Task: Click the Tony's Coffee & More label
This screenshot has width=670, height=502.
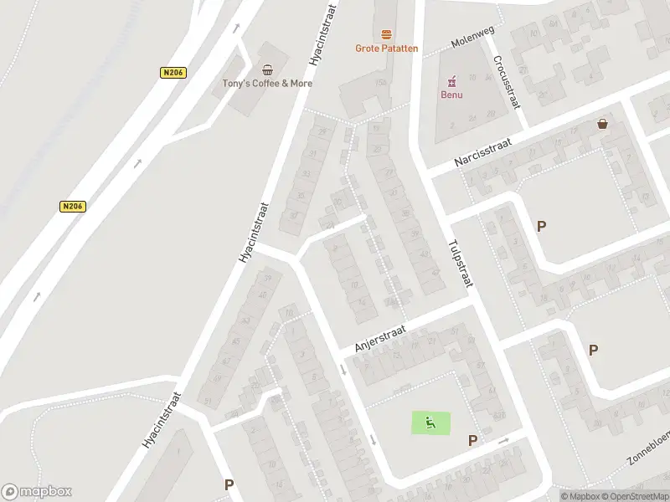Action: (x=267, y=83)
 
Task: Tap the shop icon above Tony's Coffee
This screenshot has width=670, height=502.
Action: (x=267, y=70)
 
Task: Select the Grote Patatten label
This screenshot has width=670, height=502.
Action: (x=386, y=49)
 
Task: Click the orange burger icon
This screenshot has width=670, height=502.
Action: (x=386, y=34)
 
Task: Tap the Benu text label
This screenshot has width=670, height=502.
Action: (x=451, y=94)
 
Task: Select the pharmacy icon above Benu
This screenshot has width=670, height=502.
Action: (x=451, y=80)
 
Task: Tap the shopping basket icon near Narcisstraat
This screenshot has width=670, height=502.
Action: (x=602, y=124)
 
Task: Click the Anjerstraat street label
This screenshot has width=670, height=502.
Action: (x=380, y=340)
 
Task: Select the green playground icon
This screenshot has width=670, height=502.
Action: (x=430, y=423)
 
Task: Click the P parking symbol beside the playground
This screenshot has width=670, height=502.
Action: (x=473, y=440)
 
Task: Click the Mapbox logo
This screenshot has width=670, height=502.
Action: (x=37, y=492)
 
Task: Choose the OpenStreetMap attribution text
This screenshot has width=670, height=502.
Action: (x=634, y=496)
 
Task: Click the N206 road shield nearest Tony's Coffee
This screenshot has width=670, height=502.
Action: (x=173, y=73)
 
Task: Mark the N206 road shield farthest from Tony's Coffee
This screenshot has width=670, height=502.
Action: (x=74, y=206)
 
